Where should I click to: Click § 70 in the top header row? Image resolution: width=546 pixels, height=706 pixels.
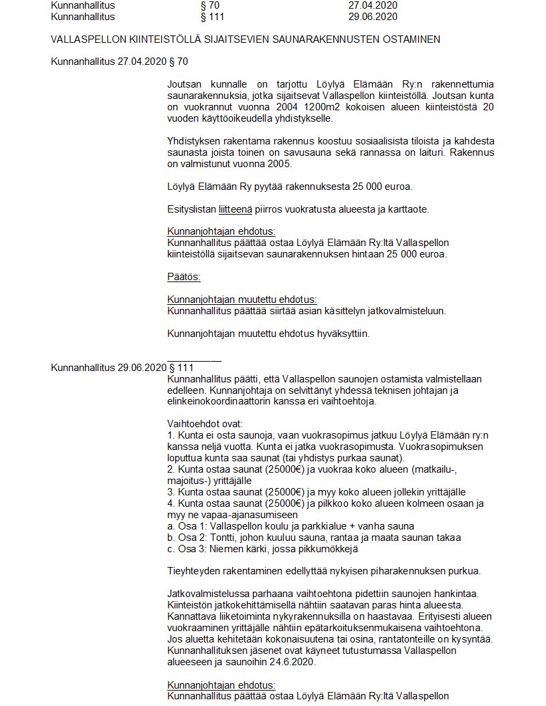pos(201,5)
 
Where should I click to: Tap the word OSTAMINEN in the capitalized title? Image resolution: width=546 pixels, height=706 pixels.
pos(409,39)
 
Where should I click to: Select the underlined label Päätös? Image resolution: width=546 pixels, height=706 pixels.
pos(184,277)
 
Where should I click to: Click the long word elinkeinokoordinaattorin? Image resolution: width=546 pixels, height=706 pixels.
pos(221,402)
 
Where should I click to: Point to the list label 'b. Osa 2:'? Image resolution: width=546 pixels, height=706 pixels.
pos(187,538)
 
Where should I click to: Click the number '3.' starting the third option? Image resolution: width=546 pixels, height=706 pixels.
pos(171,492)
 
